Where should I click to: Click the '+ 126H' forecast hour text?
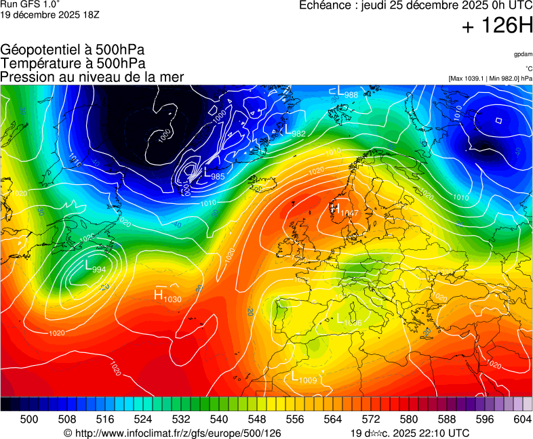point(497,26)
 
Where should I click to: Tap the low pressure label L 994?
point(95,268)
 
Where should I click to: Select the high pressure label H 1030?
point(167,295)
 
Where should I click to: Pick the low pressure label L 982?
point(294,131)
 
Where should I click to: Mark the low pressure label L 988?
point(347,93)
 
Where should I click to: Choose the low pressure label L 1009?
point(304,377)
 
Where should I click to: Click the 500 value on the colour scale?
point(28,420)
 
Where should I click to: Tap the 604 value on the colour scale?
point(521,420)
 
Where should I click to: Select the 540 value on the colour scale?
point(218,420)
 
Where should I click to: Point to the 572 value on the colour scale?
point(370,420)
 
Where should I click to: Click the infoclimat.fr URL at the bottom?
point(172,433)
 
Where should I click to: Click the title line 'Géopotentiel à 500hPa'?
point(73,50)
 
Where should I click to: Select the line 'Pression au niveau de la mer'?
point(92,77)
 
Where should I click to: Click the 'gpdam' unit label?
point(522,54)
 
